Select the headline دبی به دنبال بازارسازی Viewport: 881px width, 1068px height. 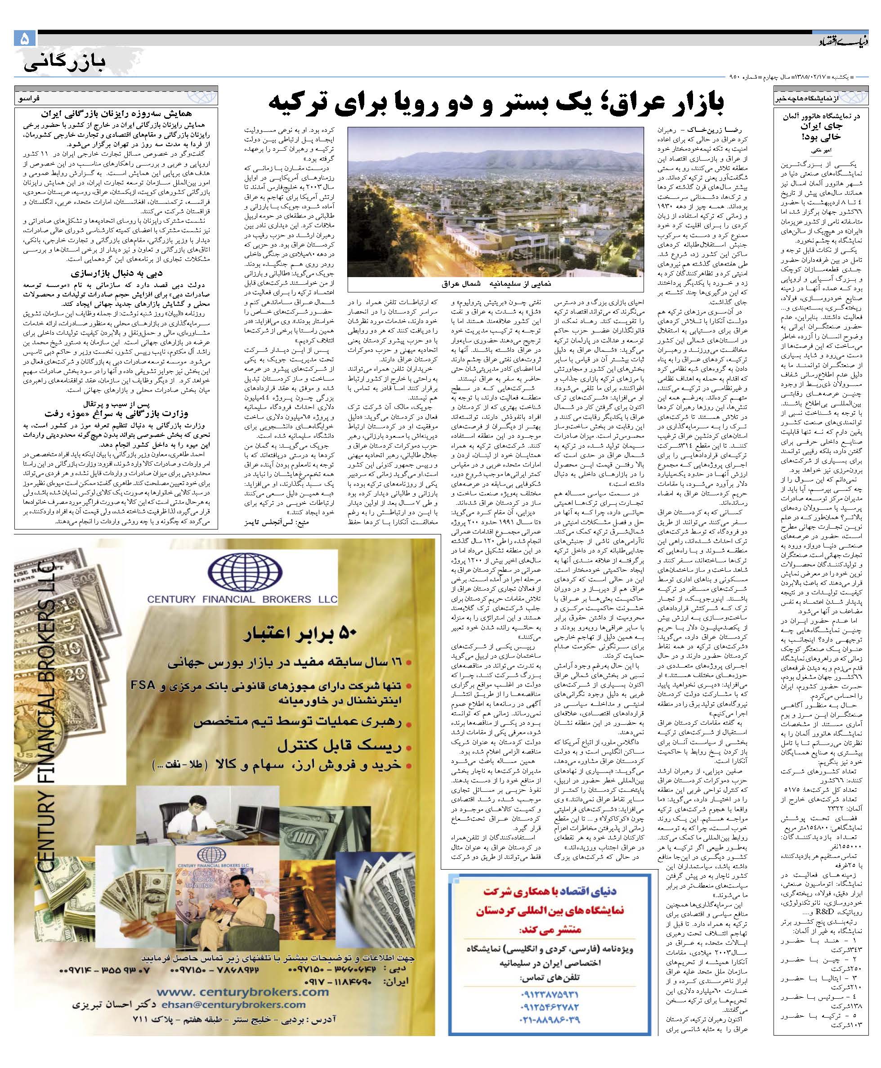coord(116,273)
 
